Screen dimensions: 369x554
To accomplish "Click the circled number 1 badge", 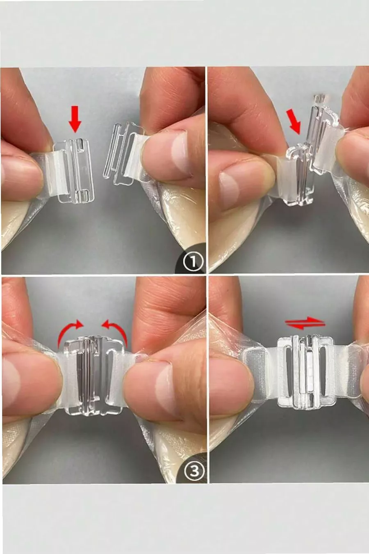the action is point(193,262).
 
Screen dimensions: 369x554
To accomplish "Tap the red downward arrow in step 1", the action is point(75,119).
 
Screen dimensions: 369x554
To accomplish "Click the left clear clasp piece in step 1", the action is point(75,170).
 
